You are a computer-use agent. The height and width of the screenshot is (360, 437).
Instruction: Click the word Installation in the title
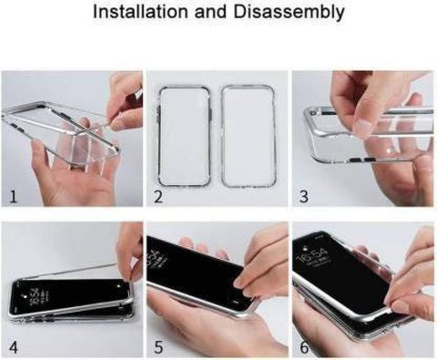141,12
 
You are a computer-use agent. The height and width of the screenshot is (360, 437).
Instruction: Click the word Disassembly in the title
289,12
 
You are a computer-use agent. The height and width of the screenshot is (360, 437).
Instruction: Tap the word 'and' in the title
211,12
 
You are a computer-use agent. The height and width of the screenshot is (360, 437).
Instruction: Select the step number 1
13,197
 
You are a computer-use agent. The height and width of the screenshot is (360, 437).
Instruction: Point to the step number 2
158,196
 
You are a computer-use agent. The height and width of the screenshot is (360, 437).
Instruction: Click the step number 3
304,196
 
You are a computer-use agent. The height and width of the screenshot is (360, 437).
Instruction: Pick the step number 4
14,347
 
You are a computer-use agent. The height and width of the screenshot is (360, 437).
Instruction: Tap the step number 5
158,347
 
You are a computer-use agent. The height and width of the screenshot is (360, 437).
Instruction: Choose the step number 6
304,347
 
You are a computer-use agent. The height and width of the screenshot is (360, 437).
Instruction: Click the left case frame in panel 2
158,137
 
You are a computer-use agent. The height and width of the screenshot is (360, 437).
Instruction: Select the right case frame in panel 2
222,137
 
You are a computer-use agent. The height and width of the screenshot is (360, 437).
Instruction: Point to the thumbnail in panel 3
363,125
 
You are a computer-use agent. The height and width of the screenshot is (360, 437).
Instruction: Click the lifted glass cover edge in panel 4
73,271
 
